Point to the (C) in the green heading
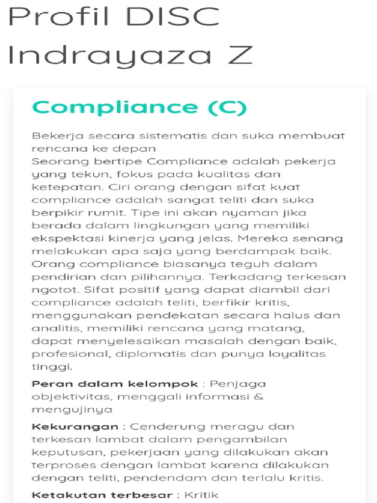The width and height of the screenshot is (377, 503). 226,107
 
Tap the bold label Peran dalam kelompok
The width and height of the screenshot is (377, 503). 115,384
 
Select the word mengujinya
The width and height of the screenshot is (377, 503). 72,409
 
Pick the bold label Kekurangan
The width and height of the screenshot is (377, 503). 75,426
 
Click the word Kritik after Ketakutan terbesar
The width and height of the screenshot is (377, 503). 201,495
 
